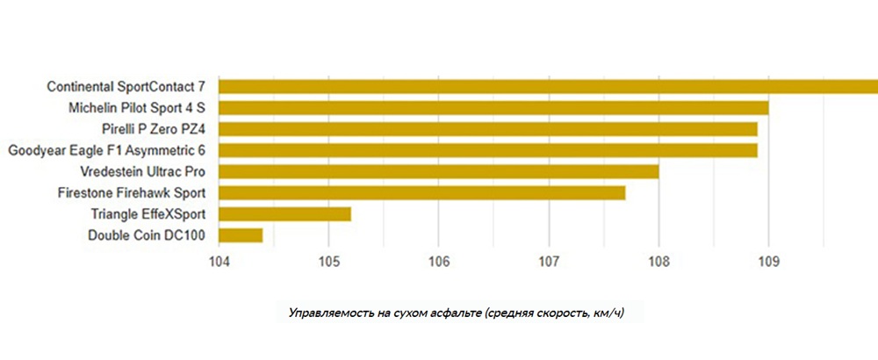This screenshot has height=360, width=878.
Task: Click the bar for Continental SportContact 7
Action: [548, 86]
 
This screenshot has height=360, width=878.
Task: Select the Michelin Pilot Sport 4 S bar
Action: [493, 108]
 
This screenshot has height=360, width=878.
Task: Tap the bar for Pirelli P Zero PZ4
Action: [488, 129]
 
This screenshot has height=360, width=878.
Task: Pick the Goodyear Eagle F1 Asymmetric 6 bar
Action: [488, 150]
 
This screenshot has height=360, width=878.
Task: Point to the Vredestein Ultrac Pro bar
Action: [439, 171]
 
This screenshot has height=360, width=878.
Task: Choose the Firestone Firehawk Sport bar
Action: [422, 192]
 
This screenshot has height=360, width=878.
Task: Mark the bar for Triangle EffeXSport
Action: [285, 213]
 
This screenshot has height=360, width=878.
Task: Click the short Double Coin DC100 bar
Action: [241, 234]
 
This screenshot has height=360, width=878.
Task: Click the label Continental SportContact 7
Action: [126, 87]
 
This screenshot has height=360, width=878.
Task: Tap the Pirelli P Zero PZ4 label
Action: [154, 129]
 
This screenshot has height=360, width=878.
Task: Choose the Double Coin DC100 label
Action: [147, 234]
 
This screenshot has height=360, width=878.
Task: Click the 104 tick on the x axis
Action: [219, 261]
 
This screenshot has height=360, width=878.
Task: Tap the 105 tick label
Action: [328, 261]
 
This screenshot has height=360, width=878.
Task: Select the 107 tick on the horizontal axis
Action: [549, 261]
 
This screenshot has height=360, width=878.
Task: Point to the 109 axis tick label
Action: [769, 261]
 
